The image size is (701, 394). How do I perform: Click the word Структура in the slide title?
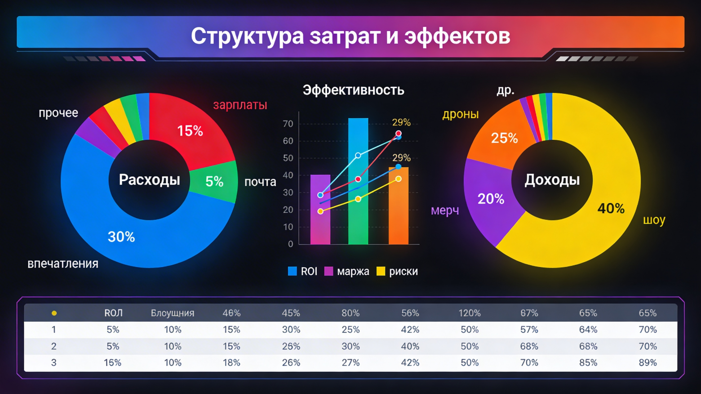point(247,36)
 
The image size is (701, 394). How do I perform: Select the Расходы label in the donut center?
point(149,180)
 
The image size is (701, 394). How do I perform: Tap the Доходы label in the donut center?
point(552,180)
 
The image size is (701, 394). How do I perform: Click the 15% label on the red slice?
point(190,131)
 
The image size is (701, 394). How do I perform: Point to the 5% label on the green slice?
point(214,181)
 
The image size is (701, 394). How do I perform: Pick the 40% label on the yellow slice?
point(611,208)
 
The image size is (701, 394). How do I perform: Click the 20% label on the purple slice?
point(491,199)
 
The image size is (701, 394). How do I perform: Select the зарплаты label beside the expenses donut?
point(240,105)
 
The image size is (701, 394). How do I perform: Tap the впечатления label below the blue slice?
point(63,264)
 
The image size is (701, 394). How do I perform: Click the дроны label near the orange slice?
point(460,114)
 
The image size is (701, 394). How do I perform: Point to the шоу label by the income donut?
point(654,220)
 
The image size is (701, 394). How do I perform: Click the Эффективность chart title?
point(353,90)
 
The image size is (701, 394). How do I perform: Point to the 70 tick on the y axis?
point(288,124)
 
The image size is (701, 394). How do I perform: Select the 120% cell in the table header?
point(470,313)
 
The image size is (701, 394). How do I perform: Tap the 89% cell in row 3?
point(648,363)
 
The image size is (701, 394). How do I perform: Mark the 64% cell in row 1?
point(588,330)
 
